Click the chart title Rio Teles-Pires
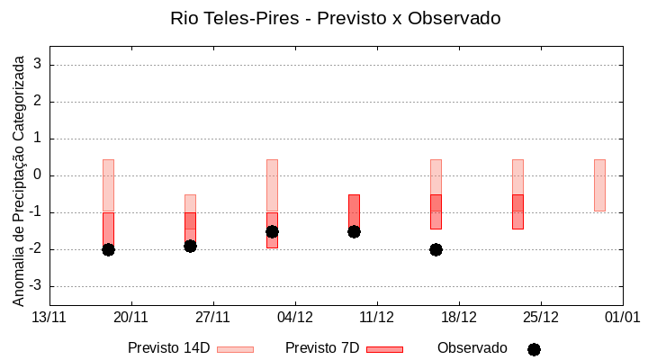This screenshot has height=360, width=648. click(335, 18)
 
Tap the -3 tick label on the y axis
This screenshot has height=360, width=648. click(36, 286)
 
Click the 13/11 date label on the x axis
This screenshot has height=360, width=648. click(49, 317)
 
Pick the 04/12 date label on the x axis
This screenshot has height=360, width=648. click(295, 317)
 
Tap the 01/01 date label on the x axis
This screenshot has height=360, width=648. click(622, 317)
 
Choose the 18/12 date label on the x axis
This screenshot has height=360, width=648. click(459, 317)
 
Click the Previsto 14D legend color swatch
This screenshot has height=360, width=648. click(235, 348)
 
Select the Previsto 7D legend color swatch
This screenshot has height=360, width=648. click(384, 348)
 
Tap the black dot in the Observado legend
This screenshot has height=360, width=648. click(534, 349)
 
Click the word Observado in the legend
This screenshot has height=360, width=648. click(472, 347)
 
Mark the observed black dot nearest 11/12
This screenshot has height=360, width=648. click(354, 231)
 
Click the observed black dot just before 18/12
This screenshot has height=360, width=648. click(436, 249)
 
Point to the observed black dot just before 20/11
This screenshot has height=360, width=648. click(108, 249)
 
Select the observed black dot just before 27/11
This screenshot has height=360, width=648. click(190, 246)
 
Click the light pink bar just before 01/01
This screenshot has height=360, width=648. click(599, 184)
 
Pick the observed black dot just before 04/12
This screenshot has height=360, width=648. click(272, 231)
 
